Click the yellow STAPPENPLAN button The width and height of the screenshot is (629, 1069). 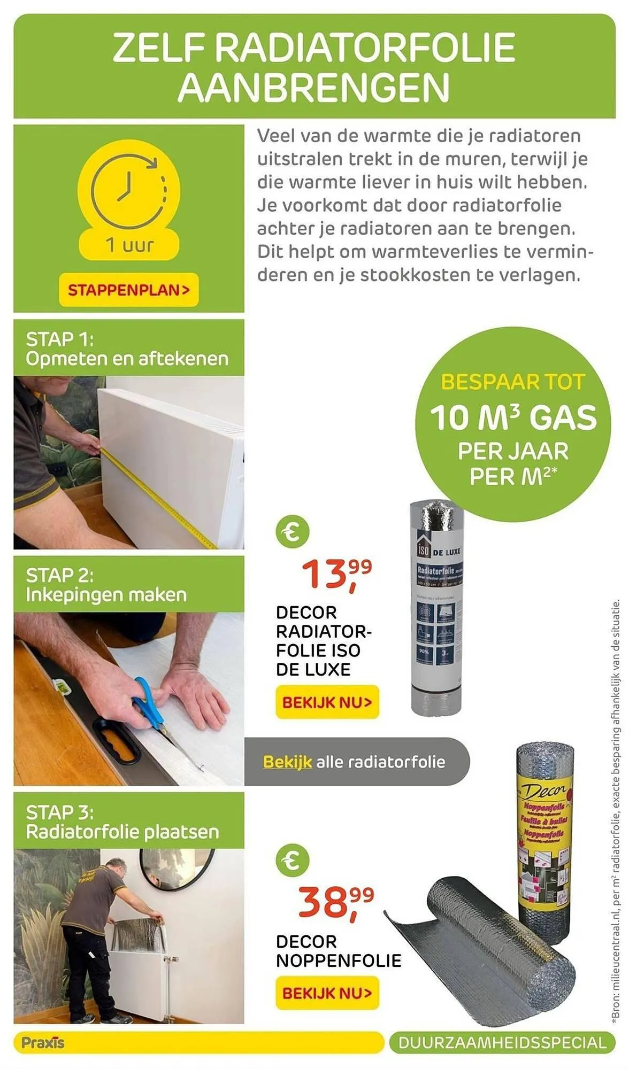[128, 290]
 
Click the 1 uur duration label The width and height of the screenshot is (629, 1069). [129, 245]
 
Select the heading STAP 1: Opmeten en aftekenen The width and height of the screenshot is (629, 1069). [127, 348]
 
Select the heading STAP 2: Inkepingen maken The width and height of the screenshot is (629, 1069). [106, 585]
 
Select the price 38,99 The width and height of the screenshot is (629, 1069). [336, 903]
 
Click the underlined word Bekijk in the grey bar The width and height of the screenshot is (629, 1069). [287, 762]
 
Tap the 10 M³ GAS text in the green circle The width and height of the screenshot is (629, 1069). [513, 418]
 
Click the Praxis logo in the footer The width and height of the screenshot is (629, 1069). [43, 1042]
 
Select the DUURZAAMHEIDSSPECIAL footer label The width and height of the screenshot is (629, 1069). [503, 1043]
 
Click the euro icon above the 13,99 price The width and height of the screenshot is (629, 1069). [293, 532]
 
